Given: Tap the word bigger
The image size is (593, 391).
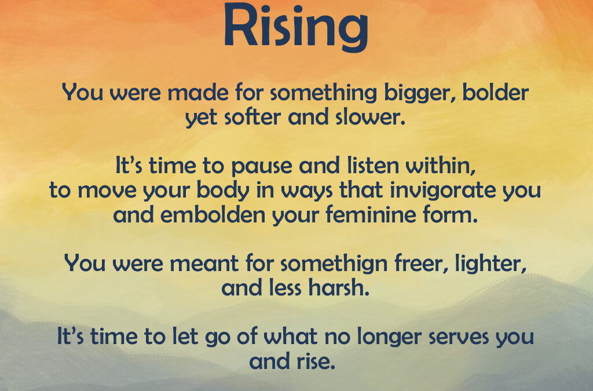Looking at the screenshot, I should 404,93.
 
